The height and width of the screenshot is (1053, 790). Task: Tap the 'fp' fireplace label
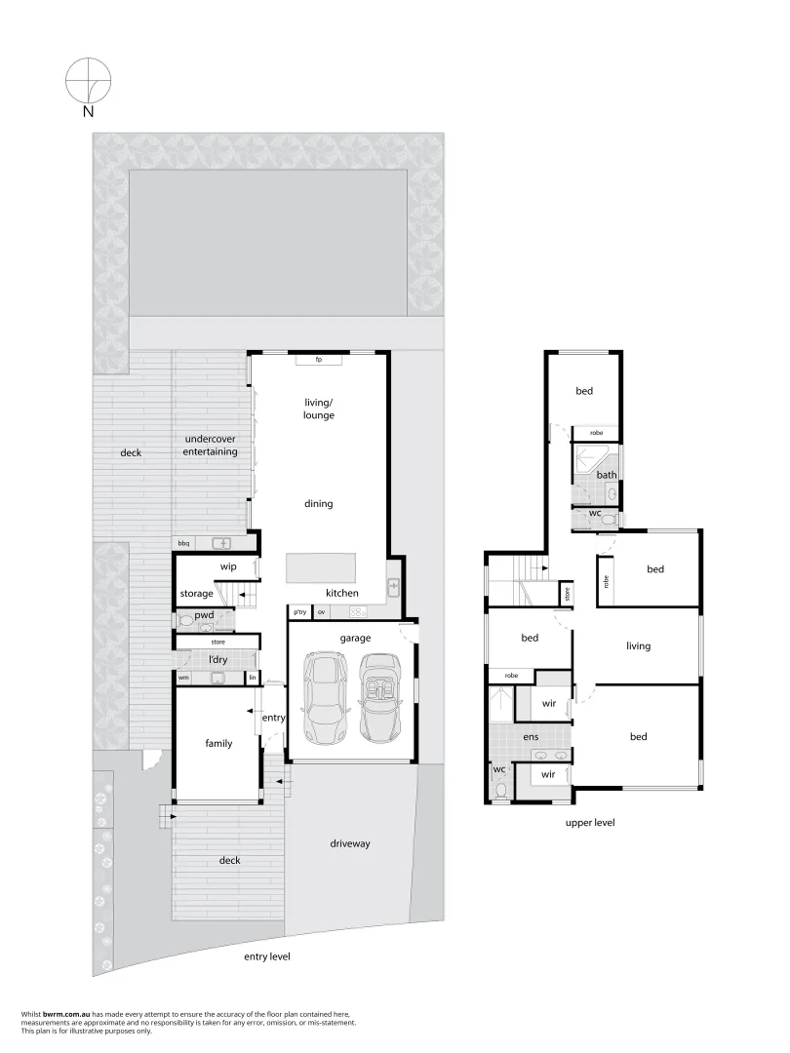coord(318,360)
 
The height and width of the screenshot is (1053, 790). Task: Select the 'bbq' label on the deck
coord(183,543)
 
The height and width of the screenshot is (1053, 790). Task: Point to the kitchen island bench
coord(321,567)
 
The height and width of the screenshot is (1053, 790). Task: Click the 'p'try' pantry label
coord(299,612)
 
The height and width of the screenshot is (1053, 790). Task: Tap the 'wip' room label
coord(228,566)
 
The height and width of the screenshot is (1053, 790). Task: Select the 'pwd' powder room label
coord(204,615)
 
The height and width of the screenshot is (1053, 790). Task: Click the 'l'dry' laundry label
coord(217,660)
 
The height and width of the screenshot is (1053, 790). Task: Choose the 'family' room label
coord(218,743)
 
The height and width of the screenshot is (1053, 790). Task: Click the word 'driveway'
coord(350,843)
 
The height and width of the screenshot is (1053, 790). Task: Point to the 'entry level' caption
coord(266,956)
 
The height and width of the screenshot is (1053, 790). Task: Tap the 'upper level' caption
coord(590,823)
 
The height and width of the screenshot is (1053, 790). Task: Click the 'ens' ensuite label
coord(531,737)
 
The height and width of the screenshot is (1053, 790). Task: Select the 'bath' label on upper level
coord(607,476)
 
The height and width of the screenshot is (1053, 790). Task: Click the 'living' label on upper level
coord(638,645)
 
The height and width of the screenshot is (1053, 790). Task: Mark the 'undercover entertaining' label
coord(211,446)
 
